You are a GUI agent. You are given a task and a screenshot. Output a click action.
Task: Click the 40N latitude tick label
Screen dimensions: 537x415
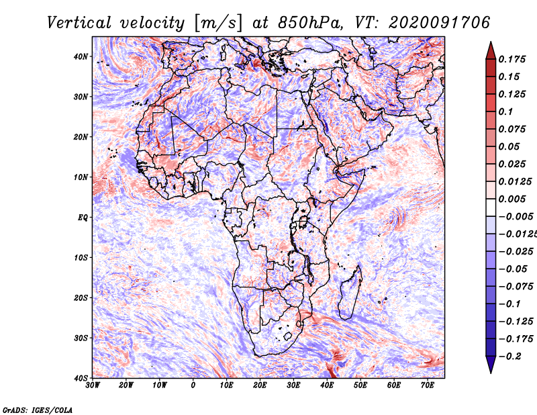tap(81, 56)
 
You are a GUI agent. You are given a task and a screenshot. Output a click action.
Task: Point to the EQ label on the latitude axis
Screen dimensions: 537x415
tap(83, 218)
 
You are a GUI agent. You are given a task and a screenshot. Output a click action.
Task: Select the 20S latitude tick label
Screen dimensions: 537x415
tap(81, 297)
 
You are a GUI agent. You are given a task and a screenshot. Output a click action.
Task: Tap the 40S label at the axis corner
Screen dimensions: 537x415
tap(81, 378)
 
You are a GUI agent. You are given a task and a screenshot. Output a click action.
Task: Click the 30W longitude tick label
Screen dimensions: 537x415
tap(93, 385)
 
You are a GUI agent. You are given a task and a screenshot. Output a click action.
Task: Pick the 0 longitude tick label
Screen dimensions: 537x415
tap(193, 385)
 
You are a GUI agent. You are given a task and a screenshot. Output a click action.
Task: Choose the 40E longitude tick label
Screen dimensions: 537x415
tap(327, 385)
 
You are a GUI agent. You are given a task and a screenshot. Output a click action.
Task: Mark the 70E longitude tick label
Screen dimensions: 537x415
tap(428, 385)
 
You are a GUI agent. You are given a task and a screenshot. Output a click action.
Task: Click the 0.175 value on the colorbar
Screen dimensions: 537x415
tap(512, 60)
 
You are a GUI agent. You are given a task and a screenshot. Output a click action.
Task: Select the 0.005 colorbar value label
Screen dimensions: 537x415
tap(512, 199)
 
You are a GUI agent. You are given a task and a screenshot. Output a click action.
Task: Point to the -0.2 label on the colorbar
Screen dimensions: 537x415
tap(510, 357)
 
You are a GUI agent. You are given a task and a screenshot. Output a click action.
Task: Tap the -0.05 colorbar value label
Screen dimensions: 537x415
tap(514, 269)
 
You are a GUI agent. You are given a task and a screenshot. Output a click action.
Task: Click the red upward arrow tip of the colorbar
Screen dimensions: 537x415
tap(491, 42)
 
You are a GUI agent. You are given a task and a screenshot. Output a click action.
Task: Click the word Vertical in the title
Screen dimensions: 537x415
tap(79, 23)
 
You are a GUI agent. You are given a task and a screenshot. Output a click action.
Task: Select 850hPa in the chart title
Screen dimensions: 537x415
tap(311, 23)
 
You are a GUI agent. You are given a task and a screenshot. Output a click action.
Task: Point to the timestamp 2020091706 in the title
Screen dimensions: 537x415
tap(440, 23)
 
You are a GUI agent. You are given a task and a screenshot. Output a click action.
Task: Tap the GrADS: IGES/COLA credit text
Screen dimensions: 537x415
tap(38, 410)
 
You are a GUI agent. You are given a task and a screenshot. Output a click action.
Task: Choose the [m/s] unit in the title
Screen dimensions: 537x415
tap(219, 23)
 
